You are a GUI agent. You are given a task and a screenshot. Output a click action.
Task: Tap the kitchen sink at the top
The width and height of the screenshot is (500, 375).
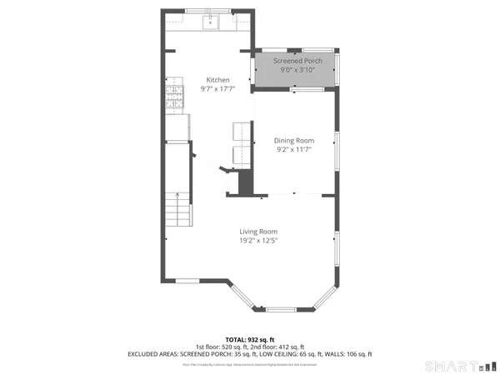[211, 22]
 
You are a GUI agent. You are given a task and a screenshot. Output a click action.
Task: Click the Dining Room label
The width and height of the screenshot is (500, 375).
[294, 141]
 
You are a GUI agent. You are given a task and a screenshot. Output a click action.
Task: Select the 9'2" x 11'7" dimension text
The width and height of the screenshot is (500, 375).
[294, 150]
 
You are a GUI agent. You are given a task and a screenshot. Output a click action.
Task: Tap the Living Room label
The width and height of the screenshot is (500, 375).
[258, 232]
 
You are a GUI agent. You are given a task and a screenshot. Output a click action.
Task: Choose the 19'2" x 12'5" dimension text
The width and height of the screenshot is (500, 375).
[258, 241]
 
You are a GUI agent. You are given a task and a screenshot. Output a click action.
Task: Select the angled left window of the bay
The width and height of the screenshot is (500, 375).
[242, 296]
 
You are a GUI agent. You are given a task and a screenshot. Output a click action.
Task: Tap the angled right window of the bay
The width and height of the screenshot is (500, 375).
[326, 296]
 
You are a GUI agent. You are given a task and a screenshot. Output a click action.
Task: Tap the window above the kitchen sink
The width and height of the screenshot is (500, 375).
[212, 12]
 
